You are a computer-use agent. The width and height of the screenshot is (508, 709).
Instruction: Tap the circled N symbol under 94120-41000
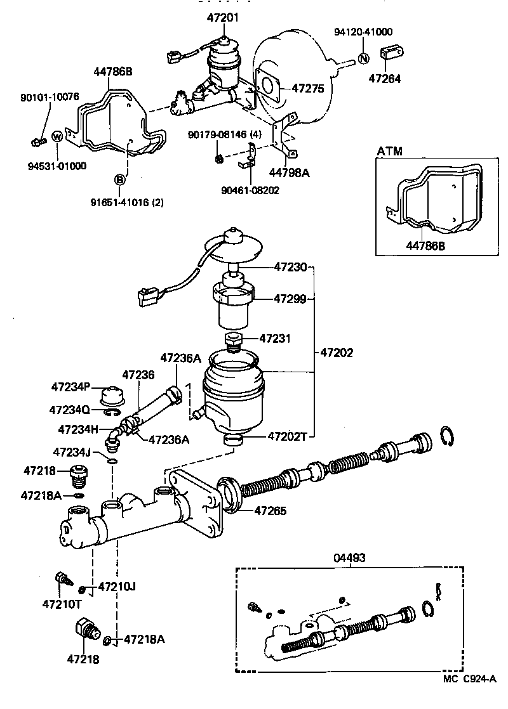(363, 58)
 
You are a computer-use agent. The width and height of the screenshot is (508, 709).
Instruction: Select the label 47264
(385, 79)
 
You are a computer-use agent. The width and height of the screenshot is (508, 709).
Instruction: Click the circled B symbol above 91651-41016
(119, 180)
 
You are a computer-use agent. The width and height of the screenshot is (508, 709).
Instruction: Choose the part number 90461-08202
(250, 190)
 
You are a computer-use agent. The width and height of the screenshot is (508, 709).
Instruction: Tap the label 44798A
(289, 171)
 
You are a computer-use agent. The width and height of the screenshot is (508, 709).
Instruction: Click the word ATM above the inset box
(390, 152)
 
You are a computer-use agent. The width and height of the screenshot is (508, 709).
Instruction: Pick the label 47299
(291, 298)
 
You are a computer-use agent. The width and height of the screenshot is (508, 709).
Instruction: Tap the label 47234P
(71, 387)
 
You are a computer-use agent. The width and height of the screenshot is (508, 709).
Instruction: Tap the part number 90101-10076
(49, 97)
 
